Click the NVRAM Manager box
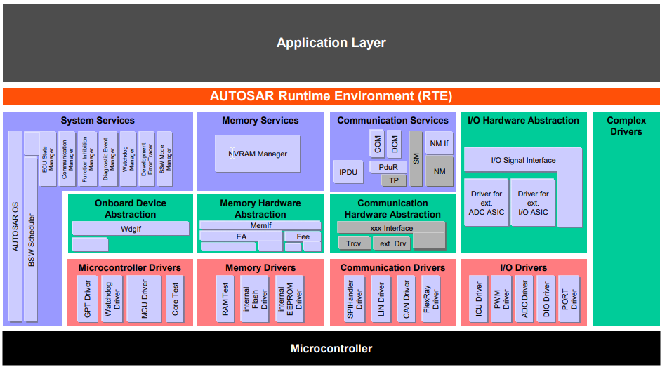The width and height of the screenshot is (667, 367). (257, 154)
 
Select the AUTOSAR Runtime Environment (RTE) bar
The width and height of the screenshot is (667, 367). (331, 96)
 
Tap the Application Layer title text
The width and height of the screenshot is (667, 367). (331, 43)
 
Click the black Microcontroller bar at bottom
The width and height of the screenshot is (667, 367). (331, 348)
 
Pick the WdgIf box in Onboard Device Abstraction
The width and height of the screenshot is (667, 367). (130, 229)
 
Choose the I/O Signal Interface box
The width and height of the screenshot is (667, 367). (522, 160)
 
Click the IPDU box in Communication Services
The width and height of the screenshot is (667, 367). (348, 172)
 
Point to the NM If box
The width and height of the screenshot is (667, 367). (439, 143)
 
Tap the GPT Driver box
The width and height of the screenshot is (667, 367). (88, 299)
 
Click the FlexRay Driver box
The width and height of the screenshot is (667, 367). (430, 299)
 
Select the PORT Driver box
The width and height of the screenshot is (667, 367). (569, 299)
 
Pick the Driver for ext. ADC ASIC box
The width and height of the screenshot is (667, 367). (486, 203)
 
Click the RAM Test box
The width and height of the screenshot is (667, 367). (225, 299)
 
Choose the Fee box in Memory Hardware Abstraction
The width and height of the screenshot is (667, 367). (303, 236)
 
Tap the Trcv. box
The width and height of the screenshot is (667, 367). (354, 244)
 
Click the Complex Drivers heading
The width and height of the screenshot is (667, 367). (626, 126)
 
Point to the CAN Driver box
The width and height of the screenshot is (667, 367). (406, 299)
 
